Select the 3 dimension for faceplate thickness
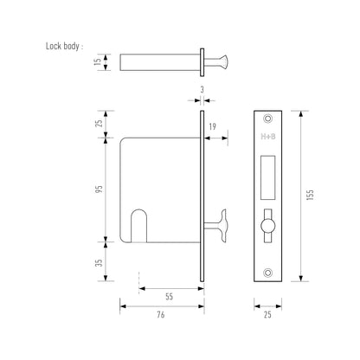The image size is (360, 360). (x=201, y=89)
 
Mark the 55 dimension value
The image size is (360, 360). (x=170, y=296)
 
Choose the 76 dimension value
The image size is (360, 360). (x=161, y=315)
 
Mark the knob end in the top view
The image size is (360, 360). (x=222, y=62)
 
